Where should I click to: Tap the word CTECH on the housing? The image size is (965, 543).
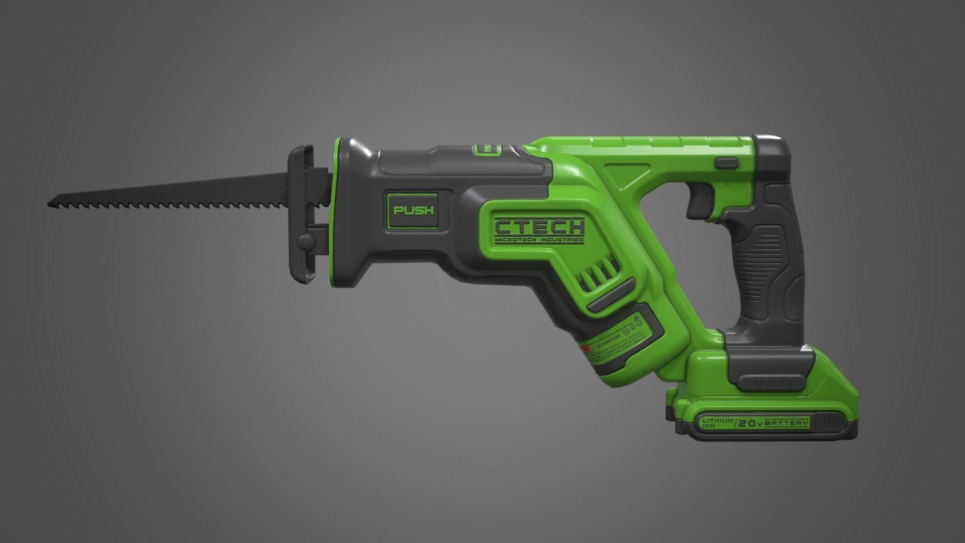[539, 227]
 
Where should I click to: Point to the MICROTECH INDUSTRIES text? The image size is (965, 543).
[539, 240]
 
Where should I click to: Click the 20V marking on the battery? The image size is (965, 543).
[751, 424]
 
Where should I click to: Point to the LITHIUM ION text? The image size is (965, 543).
[712, 423]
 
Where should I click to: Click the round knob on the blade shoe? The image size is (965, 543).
[304, 241]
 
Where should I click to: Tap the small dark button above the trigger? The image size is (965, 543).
[726, 162]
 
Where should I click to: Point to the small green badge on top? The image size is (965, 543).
[488, 149]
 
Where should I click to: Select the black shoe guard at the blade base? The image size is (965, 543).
[302, 211]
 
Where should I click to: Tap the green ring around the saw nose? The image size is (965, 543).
[334, 211]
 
